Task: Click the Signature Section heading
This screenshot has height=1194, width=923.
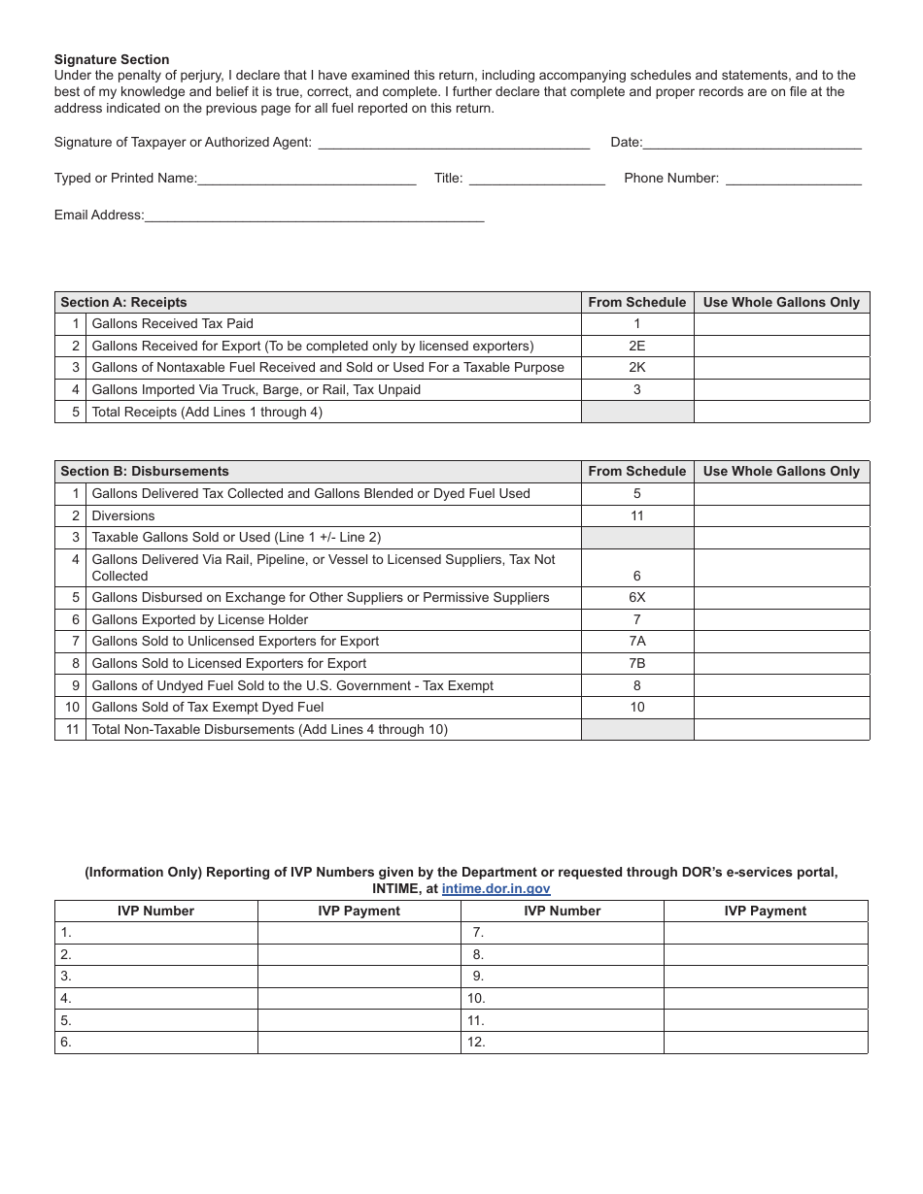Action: pos(112,59)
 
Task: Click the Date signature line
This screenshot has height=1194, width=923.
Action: pos(752,142)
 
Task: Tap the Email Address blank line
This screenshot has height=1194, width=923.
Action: pos(314,215)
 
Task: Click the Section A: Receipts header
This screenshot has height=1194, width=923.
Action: pos(123,302)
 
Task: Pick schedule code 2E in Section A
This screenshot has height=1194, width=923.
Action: pos(636,346)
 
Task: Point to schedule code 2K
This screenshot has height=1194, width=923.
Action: pos(636,368)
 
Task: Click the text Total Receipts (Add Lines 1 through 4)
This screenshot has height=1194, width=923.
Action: pos(207,412)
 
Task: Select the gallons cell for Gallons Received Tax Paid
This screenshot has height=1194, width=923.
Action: pos(781,324)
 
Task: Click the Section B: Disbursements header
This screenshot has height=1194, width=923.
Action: pos(145,471)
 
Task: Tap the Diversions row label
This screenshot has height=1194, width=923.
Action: pos(123,515)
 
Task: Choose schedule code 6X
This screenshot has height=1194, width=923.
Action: pos(636,598)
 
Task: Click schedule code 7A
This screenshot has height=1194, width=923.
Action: pos(636,642)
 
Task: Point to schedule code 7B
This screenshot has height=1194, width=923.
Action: pos(636,664)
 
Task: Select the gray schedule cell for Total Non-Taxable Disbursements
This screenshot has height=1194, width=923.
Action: pos(636,729)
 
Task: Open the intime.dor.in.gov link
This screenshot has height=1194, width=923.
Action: pos(496,888)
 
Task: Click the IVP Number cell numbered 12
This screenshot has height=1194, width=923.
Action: pos(562,1043)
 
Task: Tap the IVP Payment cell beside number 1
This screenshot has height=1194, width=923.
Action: pos(359,932)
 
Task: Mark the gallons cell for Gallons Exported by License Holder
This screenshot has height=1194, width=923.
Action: pos(781,619)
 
